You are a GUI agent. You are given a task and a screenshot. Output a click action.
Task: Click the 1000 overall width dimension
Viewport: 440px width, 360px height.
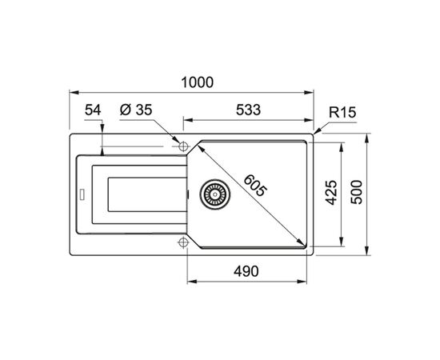(198, 82)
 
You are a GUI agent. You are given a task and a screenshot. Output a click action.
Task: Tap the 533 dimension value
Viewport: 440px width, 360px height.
(248, 110)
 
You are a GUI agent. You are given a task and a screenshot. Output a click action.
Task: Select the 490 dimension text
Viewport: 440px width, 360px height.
(246, 271)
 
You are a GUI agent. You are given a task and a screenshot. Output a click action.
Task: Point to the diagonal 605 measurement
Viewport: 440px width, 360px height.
(254, 186)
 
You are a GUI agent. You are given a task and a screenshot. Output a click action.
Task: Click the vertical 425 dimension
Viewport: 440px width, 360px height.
(331, 193)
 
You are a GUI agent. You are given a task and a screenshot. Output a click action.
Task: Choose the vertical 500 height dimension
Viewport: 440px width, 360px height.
(357, 192)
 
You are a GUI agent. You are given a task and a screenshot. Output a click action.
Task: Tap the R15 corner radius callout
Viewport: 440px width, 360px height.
(342, 112)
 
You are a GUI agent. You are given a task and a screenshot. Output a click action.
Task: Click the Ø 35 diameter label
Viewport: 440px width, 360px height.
(136, 110)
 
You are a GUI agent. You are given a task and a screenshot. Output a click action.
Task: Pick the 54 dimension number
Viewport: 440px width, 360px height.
(93, 110)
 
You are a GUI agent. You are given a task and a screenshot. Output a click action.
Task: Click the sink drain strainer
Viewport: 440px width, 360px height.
(215, 194)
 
